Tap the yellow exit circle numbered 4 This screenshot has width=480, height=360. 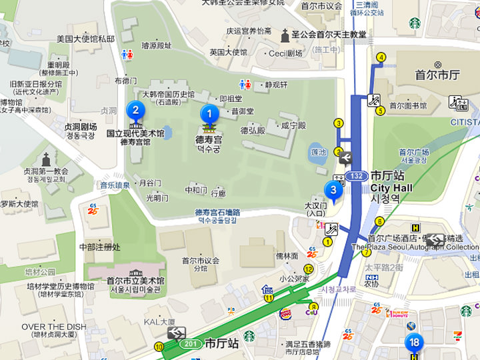point(381,57)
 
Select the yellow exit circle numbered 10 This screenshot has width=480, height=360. point(159,347)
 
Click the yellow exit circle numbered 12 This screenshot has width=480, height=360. point(309,268)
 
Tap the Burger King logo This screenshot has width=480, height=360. point(285,313)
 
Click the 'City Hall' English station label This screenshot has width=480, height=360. point(391,188)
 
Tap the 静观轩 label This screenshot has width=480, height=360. point(276,85)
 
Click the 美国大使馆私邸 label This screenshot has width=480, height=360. point(85,39)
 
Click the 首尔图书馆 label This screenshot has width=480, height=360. point(408,105)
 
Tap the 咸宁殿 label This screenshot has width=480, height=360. point(293,125)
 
